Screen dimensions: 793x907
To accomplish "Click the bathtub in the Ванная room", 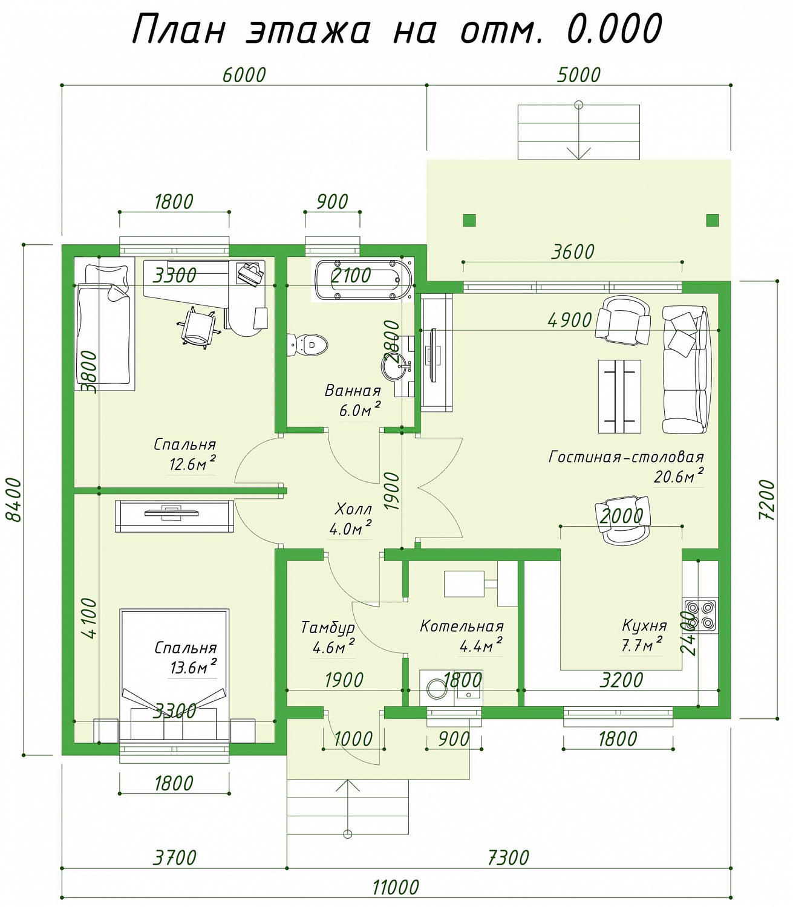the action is [363, 281].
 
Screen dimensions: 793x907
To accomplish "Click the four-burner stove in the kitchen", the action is [700, 615].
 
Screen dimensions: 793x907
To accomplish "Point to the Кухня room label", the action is [644, 625].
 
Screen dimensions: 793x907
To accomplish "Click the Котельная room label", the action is [462, 626].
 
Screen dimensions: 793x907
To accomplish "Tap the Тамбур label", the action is [328, 628].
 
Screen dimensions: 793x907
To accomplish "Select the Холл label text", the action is [353, 509].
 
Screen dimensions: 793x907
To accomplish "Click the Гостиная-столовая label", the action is [626, 457].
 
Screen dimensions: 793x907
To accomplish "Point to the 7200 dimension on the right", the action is [767, 499].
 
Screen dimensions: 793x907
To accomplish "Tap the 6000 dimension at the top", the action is [244, 75].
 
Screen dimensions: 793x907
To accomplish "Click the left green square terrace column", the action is [469, 220].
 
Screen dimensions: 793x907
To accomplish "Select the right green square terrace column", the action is [713, 220].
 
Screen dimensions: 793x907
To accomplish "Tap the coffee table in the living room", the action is [619, 396].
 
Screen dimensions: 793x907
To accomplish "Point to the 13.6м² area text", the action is [194, 668].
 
